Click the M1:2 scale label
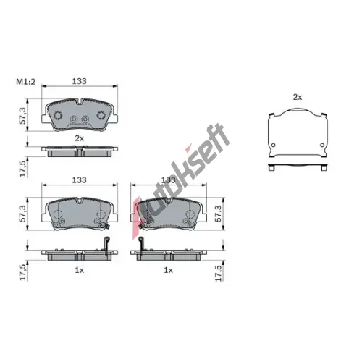26,82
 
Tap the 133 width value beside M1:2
80,81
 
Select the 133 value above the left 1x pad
80,180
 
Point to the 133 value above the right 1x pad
168,180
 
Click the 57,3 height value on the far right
219,214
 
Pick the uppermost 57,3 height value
22,116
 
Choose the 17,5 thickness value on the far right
219,273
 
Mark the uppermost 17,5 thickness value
22,169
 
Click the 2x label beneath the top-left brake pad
80,138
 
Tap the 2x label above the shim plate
298,97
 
